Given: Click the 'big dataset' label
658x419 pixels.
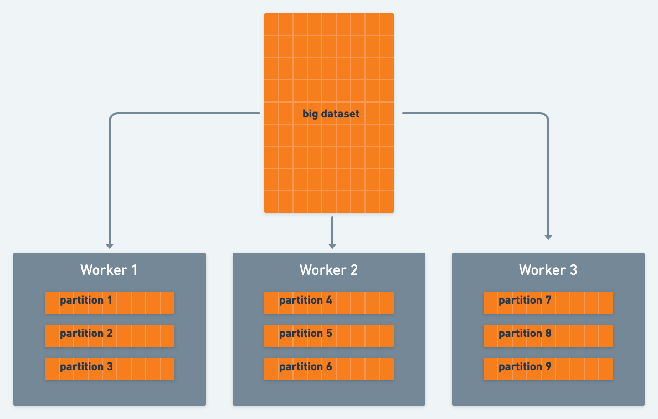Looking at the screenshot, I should click(331, 114).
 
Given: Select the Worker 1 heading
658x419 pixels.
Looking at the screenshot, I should click(109, 270).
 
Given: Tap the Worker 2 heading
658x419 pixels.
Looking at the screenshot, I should click(328, 270).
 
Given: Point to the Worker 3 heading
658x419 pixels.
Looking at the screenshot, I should click(548, 270).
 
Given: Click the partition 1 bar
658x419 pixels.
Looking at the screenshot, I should click(110, 302).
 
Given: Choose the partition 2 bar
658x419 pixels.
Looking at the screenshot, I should click(110, 335).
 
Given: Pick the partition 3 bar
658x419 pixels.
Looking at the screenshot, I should click(110, 369).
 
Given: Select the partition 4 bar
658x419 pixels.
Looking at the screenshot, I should click(329, 302).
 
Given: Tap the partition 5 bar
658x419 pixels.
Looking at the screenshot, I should click(329, 335).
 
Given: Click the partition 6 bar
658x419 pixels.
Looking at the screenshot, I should click(329, 369).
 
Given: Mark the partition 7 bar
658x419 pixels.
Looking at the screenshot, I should click(548, 302).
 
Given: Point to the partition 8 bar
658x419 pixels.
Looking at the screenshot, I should click(548, 335).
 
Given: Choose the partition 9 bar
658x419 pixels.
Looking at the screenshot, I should click(548, 369).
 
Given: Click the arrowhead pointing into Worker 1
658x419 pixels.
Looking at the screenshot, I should click(110, 246).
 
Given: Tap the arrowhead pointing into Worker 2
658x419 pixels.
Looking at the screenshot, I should click(332, 246).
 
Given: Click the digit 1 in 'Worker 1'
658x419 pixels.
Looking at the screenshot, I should click(133, 270).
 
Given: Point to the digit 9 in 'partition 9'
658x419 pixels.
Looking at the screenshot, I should click(548, 366).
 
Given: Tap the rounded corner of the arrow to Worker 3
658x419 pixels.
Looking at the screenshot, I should click(545, 116).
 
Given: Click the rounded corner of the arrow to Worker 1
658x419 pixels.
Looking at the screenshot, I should click(113, 116).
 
